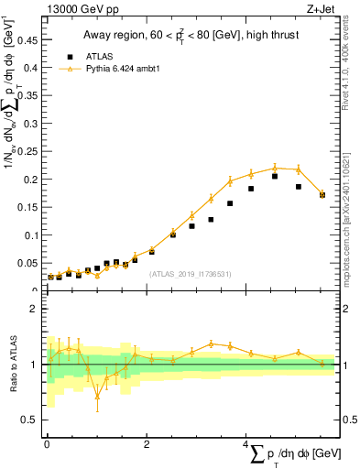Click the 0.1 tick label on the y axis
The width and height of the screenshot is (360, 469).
[34, 234]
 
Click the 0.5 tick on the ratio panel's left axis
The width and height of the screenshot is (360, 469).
[33, 420]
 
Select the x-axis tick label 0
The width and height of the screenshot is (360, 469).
[46, 444]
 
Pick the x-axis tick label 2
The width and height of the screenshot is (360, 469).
[146, 444]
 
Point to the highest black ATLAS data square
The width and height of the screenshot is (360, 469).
[275, 176]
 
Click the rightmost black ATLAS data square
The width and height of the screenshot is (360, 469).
[322, 194]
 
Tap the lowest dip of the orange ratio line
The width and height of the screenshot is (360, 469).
[97, 396]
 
